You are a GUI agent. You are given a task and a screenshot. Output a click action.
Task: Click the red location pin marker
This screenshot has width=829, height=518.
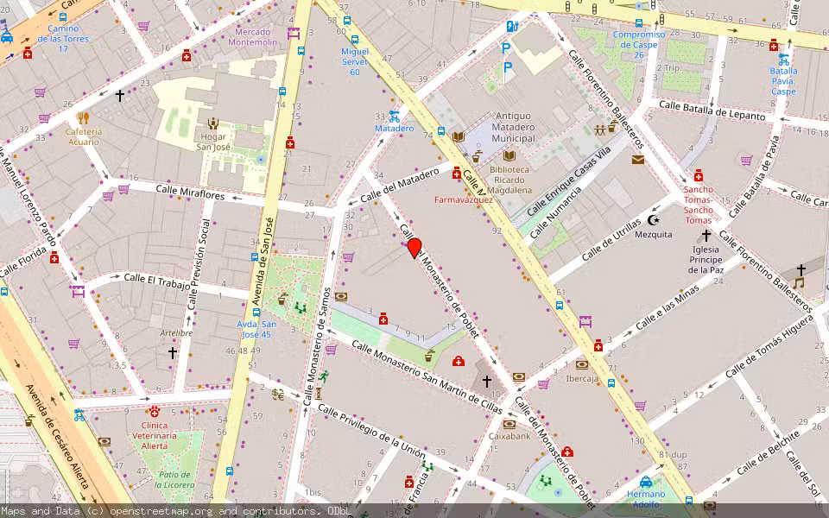point(414,248)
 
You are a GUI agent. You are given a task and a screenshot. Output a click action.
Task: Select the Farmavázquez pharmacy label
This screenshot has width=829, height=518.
point(463,199)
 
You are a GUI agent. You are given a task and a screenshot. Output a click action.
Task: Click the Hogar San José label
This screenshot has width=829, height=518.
point(212,142)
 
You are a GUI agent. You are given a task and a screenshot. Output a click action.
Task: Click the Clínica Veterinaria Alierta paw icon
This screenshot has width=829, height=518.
point(155,412)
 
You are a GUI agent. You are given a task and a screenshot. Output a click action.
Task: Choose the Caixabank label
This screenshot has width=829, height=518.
point(509,436)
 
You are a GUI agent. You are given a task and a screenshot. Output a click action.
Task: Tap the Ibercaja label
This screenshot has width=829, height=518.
point(582,378)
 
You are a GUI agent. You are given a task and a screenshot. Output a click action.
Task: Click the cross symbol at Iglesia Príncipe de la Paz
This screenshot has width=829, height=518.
point(706,235)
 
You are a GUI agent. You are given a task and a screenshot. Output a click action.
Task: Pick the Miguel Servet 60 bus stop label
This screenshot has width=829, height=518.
point(354,61)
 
